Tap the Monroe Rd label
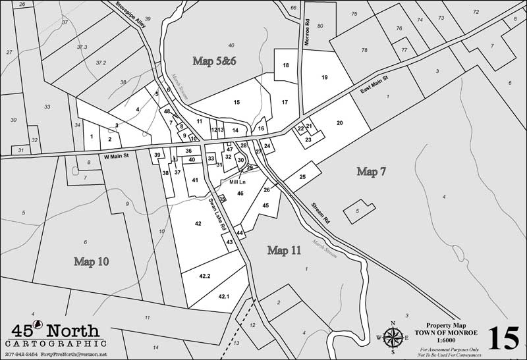(307, 32)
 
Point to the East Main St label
(375, 87)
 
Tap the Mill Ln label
(238, 181)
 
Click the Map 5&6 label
(214, 61)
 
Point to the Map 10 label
(92, 261)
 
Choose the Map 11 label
(285, 250)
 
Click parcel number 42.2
(204, 276)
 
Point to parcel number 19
(324, 78)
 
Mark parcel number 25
(302, 177)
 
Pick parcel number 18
(286, 66)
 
